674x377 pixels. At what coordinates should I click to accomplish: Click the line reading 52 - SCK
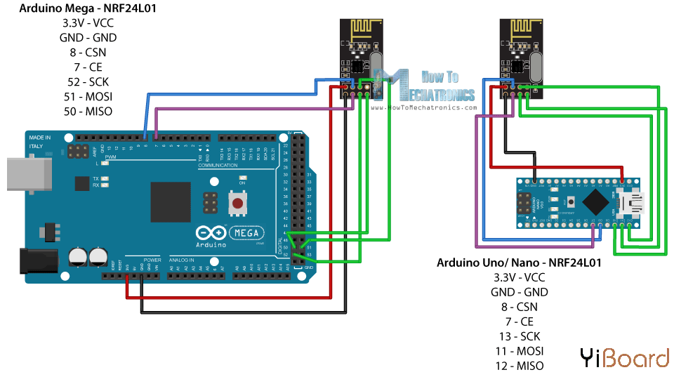(x=88, y=81)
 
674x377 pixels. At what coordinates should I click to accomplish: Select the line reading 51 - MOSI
(x=88, y=96)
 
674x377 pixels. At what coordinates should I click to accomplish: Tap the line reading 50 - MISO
(x=88, y=111)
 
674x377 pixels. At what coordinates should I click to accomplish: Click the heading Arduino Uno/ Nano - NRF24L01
(x=519, y=263)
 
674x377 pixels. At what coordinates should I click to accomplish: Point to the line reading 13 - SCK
(x=519, y=336)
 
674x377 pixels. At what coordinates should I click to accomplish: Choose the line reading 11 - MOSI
(x=519, y=351)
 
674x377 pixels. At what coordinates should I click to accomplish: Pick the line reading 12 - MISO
(x=519, y=366)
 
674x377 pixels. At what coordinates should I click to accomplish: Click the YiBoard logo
(x=624, y=358)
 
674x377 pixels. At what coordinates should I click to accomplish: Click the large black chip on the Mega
(x=171, y=203)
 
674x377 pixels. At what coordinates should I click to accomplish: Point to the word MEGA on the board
(x=246, y=233)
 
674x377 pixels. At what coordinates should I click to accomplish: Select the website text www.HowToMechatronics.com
(x=423, y=107)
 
